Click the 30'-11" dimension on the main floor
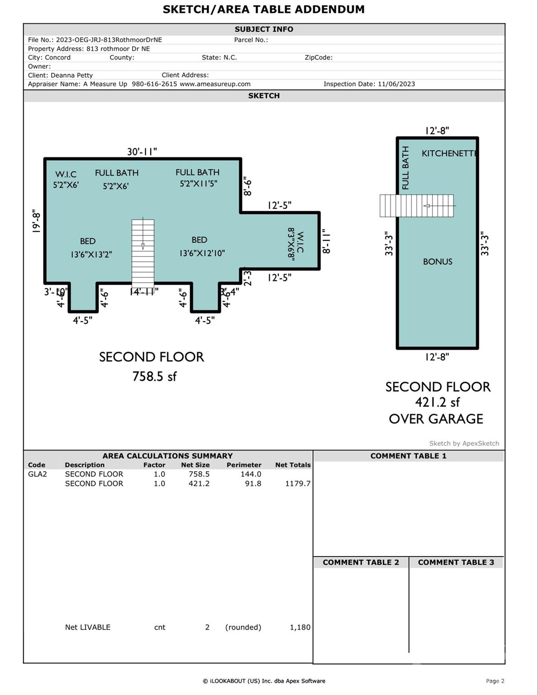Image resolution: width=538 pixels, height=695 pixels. tap(142, 152)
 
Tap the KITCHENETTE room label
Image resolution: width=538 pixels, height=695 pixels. tap(449, 153)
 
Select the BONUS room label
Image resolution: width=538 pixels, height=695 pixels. tap(438, 262)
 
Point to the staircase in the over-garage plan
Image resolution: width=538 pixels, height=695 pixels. tap(416, 206)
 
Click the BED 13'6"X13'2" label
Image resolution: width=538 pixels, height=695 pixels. tap(90, 248)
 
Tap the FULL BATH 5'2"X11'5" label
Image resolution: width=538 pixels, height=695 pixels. tap(198, 178)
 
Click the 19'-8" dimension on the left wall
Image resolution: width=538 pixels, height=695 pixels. tap(36, 221)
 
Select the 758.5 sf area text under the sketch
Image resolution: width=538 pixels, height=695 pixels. tap(154, 376)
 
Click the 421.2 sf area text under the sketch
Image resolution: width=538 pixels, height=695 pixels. tap(437, 402)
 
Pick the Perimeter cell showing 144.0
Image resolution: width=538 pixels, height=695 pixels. tap(251, 474)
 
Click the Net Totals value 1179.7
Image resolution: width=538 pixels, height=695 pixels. tap(297, 484)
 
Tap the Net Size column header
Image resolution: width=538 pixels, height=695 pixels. tap(195, 465)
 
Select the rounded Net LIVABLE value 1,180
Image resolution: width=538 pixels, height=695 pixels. tap(300, 627)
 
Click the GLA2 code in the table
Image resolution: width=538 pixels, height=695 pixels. tap(38, 474)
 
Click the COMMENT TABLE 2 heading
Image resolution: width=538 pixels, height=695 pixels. tap(361, 562)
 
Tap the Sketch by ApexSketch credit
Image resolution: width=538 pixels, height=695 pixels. tap(464, 443)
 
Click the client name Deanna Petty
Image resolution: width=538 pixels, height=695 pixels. tap(71, 75)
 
